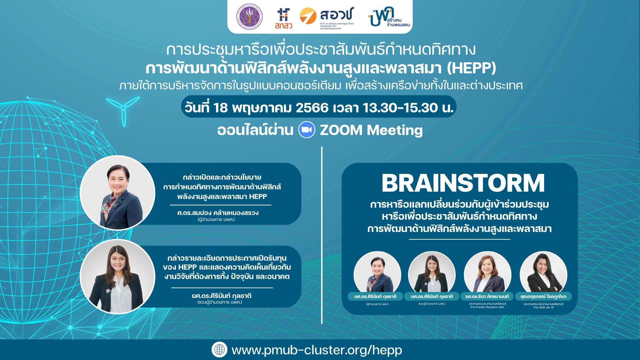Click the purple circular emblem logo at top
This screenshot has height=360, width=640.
click(x=249, y=17)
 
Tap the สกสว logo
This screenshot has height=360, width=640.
click(x=283, y=19)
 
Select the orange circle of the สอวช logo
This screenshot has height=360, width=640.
click(x=308, y=16)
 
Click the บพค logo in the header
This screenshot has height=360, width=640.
click(x=388, y=17)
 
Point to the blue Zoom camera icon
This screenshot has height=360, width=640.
click(x=307, y=130)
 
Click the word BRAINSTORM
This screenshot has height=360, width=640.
click(x=463, y=183)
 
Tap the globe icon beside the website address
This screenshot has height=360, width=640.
click(x=219, y=350)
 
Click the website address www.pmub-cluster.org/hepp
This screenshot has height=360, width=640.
click(x=317, y=350)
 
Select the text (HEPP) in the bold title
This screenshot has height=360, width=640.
click(x=471, y=68)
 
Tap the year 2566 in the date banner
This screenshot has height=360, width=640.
click(x=312, y=108)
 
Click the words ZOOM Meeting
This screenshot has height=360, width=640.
click(x=371, y=130)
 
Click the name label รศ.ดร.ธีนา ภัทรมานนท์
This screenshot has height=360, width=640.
click(x=487, y=296)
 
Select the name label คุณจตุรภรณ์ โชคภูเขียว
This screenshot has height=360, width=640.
click(x=543, y=296)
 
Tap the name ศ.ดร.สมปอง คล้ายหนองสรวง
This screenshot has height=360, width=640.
click(x=218, y=213)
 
